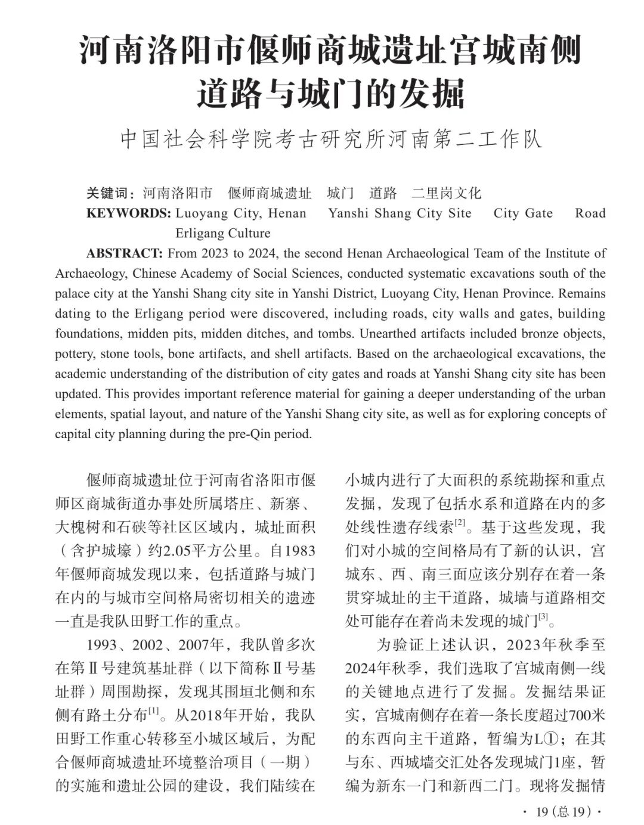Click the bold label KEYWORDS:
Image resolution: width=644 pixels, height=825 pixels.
click(128, 213)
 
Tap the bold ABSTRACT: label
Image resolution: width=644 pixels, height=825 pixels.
click(124, 253)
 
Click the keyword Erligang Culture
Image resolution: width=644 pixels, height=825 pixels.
click(222, 233)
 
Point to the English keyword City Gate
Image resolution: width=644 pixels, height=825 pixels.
click(523, 213)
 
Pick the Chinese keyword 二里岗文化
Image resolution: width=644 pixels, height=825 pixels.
click(446, 193)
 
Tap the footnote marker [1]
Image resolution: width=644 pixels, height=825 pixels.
click(154, 711)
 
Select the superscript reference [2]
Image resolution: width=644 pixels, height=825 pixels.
click(460, 523)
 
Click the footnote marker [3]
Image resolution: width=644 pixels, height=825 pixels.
click(543, 617)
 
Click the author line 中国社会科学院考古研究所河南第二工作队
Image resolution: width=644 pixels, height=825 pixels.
click(331, 139)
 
